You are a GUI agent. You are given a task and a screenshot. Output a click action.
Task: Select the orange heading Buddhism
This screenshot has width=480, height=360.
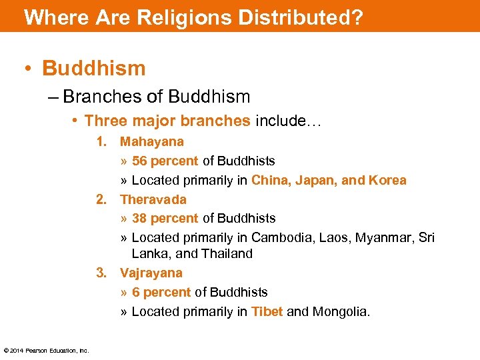[93, 68]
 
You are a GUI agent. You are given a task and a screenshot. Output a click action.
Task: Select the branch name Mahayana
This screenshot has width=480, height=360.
[151, 141]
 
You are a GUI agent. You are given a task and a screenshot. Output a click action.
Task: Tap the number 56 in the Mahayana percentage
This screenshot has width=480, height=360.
[139, 161]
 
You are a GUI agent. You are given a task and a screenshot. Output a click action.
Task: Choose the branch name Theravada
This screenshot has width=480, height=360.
[153, 199]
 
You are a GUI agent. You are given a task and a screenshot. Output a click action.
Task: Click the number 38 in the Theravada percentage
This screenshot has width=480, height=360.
[139, 218]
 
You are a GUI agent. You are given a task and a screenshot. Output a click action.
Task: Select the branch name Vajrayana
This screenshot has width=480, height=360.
[151, 273]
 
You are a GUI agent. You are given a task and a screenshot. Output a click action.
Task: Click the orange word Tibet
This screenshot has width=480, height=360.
[267, 311]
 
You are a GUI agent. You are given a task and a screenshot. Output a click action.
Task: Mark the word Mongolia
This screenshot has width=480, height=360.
[341, 311]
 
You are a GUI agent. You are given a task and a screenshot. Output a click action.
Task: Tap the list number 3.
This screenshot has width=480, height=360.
[101, 273]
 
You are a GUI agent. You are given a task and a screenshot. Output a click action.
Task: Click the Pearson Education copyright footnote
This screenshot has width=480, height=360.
[46, 351]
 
